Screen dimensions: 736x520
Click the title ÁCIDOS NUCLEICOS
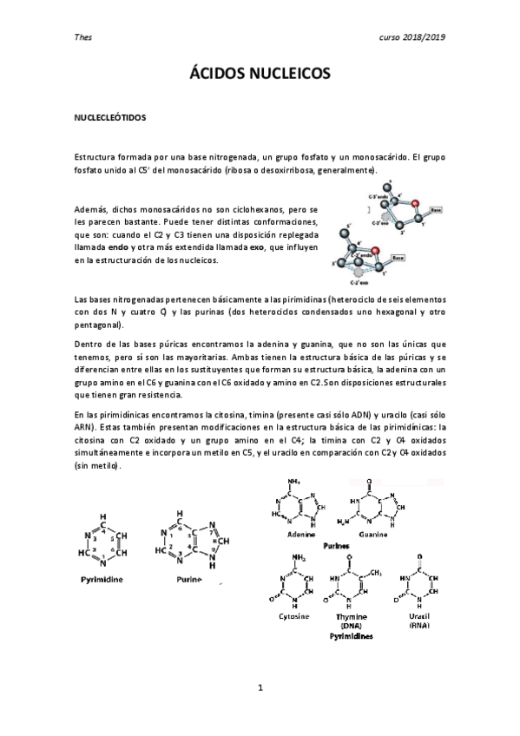point(260,76)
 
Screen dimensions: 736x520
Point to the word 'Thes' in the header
point(83,37)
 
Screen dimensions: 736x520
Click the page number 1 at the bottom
point(260,688)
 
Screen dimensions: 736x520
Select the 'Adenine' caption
point(299,536)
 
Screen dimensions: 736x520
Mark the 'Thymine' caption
point(352,616)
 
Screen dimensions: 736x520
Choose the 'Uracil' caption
point(419,615)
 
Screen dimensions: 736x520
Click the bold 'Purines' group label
point(337,547)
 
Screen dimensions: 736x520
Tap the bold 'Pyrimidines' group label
point(351,636)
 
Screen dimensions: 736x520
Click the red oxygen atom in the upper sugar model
point(415,204)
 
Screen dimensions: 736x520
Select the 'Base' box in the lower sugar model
point(398,258)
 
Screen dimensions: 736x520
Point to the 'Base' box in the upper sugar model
point(437,210)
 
